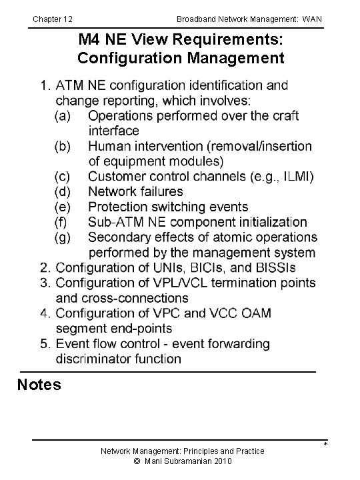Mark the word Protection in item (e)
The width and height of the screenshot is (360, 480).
(120, 207)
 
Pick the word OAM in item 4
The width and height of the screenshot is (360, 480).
(257, 313)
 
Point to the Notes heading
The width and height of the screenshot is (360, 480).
(39, 385)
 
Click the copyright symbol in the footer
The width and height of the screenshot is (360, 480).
(137, 461)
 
